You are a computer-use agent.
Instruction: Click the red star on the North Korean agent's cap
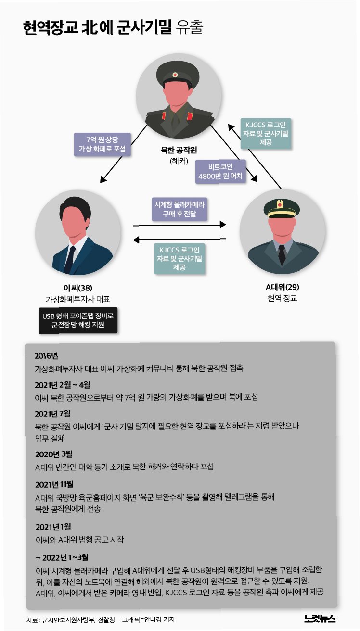175,75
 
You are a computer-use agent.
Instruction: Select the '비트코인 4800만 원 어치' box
221,172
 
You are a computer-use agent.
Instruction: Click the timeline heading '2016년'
46,356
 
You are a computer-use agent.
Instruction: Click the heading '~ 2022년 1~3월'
62,557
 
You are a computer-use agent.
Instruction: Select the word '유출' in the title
190,28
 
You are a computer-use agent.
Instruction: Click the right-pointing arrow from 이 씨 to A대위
179,225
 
